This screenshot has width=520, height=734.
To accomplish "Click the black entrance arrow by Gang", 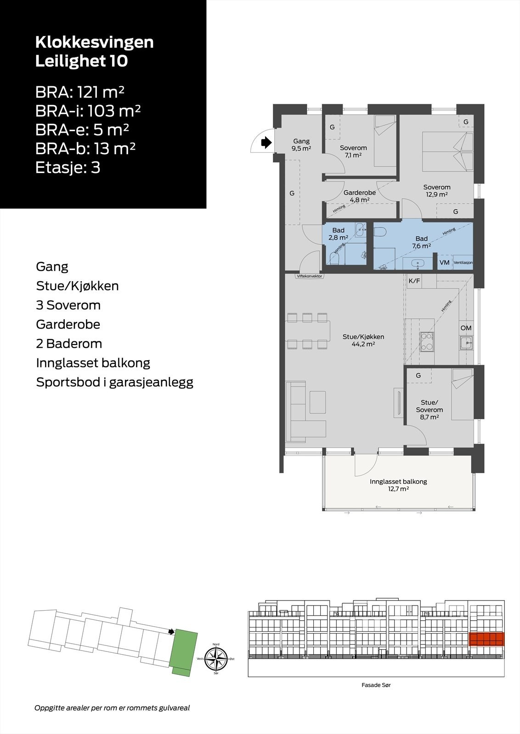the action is (x=266, y=143).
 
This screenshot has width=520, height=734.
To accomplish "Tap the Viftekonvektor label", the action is (x=309, y=276).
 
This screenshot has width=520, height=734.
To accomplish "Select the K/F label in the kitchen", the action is (x=414, y=281).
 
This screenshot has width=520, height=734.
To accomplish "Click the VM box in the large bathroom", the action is (x=444, y=262).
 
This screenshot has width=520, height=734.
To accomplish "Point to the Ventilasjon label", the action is (x=463, y=263).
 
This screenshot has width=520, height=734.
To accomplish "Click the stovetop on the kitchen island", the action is (x=427, y=341).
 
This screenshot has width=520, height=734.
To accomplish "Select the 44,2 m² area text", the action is (x=363, y=344).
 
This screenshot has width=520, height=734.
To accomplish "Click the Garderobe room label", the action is (x=360, y=193).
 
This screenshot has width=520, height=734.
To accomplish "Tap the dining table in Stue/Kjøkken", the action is (x=308, y=331).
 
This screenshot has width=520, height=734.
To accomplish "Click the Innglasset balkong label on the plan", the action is (x=398, y=482).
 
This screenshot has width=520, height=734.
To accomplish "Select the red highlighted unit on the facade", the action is (x=486, y=639).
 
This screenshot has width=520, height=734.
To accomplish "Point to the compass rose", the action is (x=216, y=659).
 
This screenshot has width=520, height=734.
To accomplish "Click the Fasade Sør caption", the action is (x=376, y=685).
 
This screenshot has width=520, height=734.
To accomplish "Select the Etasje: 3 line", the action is (x=68, y=167).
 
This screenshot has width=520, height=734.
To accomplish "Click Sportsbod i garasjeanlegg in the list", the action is (x=115, y=383).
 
